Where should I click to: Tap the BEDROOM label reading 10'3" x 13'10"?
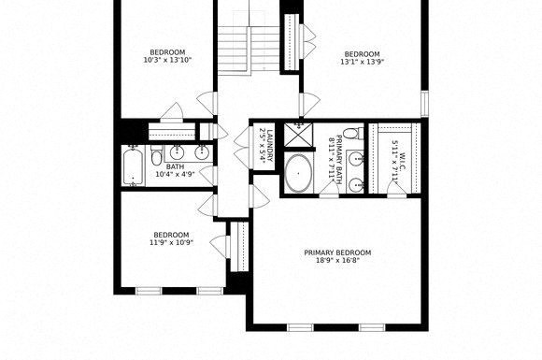point(167,51)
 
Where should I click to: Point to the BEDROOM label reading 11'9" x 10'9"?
point(171,235)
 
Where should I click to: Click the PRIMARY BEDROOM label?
point(337,252)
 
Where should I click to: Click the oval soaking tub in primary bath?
point(299,174)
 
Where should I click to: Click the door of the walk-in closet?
point(397,190)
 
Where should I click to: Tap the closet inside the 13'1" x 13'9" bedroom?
point(291,37)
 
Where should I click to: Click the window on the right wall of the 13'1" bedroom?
point(424,103)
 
